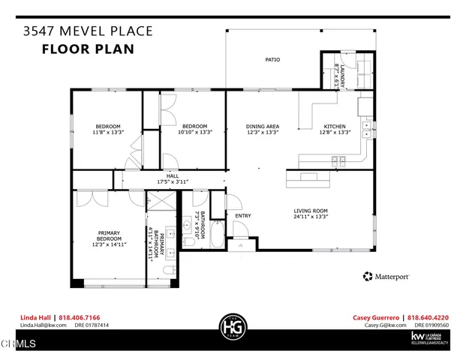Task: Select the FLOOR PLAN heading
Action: pyautogui.click(x=87, y=49)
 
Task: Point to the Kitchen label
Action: pyautogui.click(x=334, y=126)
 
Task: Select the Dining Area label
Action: pyautogui.click(x=263, y=126)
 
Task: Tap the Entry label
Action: pyautogui.click(x=243, y=217)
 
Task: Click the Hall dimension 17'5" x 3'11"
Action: pyautogui.click(x=171, y=181)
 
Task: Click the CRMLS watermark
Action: pyautogui.click(x=18, y=344)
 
